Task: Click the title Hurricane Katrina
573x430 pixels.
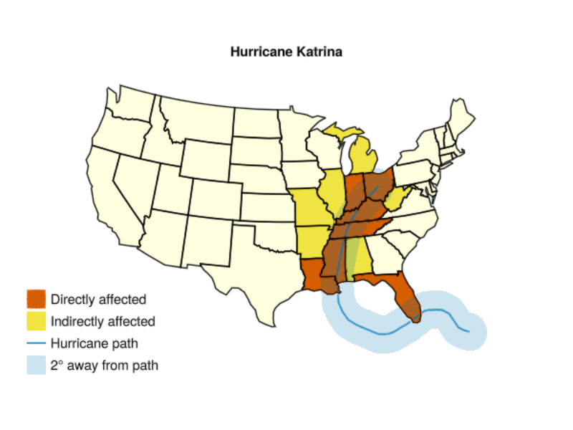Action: coord(286,52)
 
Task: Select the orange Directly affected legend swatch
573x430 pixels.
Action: coord(37,299)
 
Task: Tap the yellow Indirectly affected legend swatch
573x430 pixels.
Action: coord(37,321)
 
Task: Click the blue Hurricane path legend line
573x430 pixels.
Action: coord(37,343)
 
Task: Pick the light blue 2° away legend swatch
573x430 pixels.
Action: coord(37,365)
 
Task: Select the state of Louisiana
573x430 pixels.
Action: coord(316,276)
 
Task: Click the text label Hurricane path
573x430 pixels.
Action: coord(94,343)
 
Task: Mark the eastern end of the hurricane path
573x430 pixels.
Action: coord(469,332)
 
